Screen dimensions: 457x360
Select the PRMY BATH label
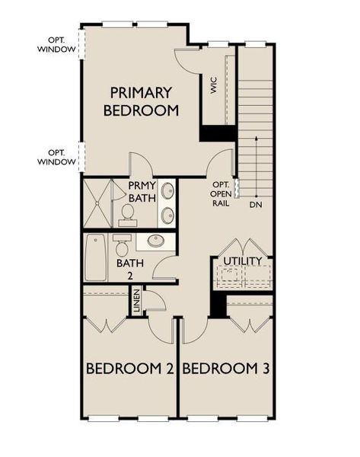pyautogui.click(x=142, y=193)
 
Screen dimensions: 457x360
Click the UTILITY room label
pyautogui.click(x=243, y=261)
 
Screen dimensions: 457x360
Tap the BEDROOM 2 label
pyautogui.click(x=130, y=369)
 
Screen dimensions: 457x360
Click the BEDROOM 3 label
pyautogui.click(x=227, y=369)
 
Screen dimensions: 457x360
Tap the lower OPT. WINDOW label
pyautogui.click(x=57, y=157)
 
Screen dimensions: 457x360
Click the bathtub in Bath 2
pyautogui.click(x=96, y=257)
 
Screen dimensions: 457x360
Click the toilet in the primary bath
pyautogui.click(x=128, y=215)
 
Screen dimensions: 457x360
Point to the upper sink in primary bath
pyautogui.click(x=168, y=191)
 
